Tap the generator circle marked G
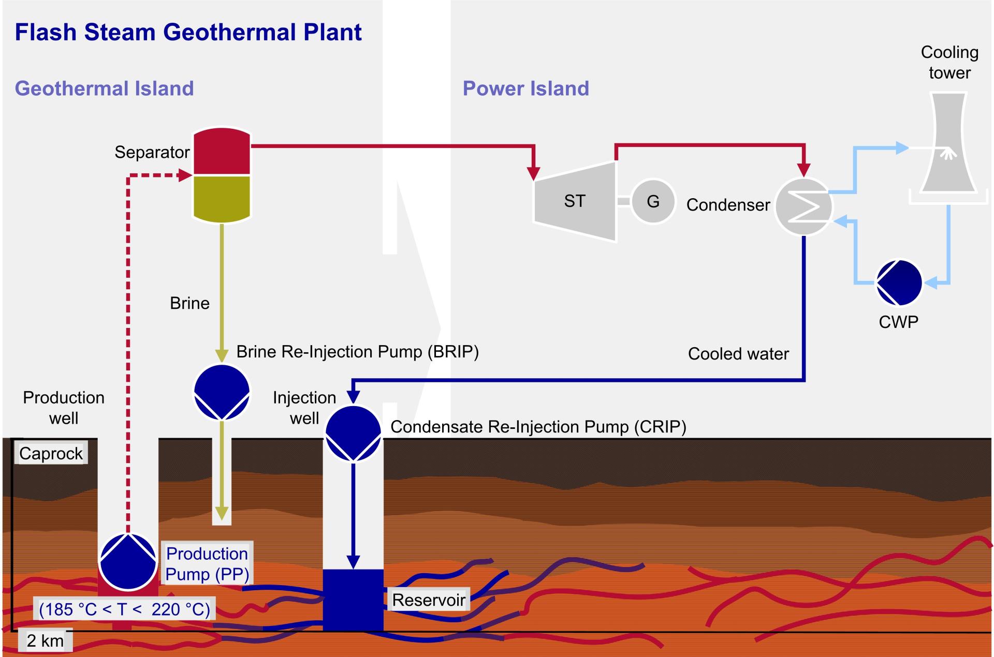click(x=653, y=201)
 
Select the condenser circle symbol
click(x=803, y=206)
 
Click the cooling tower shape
click(x=948, y=145)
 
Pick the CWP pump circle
click(x=899, y=282)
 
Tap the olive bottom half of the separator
click(x=222, y=198)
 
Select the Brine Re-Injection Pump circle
click(x=222, y=392)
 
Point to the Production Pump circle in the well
click(x=128, y=562)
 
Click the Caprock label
click(x=51, y=453)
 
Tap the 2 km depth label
click(x=45, y=640)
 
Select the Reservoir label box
click(x=429, y=600)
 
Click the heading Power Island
click(x=525, y=88)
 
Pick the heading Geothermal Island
click(x=104, y=88)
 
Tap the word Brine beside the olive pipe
click(x=189, y=303)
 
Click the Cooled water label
click(x=738, y=354)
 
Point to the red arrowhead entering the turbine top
click(x=533, y=173)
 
